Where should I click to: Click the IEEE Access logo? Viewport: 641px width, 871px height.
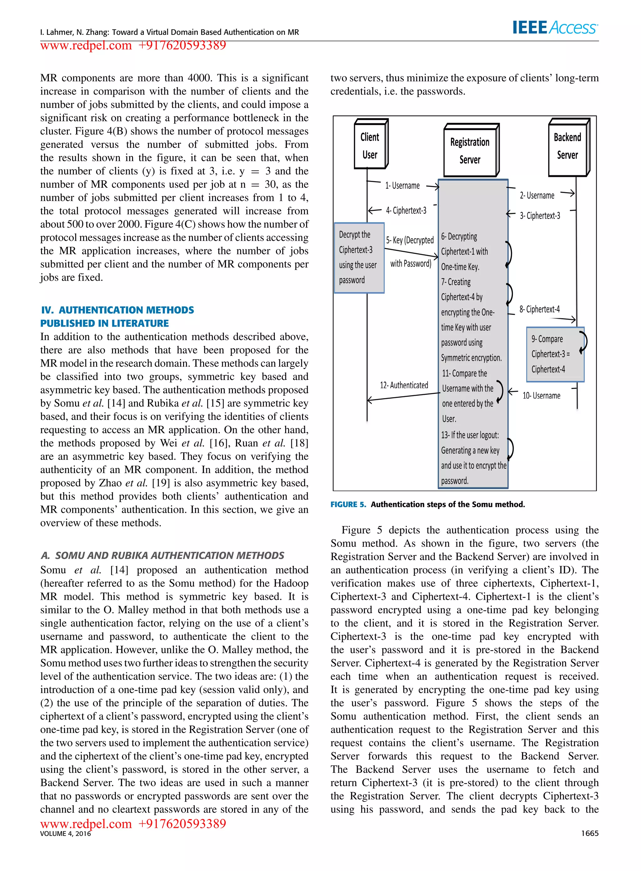(555, 28)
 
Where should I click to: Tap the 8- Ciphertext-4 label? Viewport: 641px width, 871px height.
(539, 309)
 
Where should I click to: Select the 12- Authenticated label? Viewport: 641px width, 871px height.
(404, 385)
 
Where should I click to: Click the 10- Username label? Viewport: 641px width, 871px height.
(541, 395)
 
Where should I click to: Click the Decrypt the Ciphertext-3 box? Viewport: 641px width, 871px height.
(359, 257)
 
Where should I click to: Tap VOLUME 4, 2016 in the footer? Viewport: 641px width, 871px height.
(65, 833)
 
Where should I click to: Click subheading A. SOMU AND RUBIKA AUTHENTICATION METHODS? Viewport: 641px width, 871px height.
(162, 555)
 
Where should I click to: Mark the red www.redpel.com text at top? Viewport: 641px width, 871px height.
(86, 46)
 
